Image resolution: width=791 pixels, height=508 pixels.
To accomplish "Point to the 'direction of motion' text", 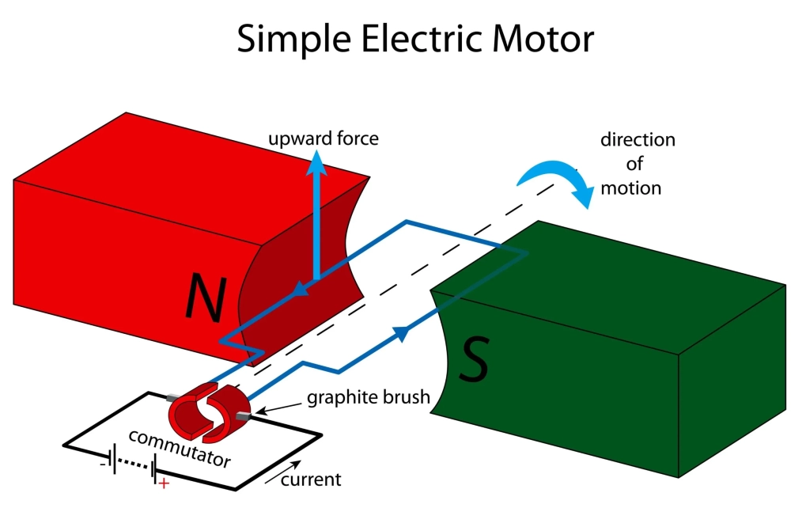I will [x=638, y=164].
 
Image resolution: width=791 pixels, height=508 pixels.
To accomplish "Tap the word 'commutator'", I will [x=179, y=447].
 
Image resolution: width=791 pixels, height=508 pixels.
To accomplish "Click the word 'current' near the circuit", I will [x=311, y=479].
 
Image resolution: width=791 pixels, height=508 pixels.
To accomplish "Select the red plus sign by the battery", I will [x=164, y=483].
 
